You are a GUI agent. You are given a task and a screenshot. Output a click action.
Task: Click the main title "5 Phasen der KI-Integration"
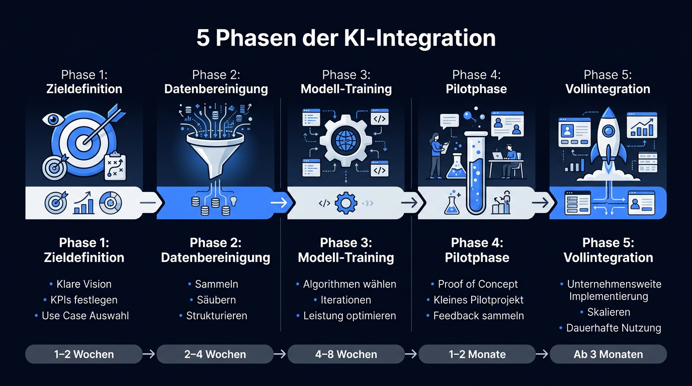point(346,38)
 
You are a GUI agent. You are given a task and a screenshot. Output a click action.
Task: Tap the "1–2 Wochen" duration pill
point(83,354)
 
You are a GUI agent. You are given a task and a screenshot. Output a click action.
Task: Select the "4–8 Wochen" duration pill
point(346,354)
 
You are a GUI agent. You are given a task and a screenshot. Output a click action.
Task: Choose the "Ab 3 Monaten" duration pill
point(608,354)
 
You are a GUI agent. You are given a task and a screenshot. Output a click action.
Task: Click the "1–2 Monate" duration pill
point(477,354)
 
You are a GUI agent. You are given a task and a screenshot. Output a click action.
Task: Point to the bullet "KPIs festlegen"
point(84,300)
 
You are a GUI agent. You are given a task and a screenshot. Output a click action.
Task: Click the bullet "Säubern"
point(216,300)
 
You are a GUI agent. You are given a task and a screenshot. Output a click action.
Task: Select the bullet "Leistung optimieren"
point(350,316)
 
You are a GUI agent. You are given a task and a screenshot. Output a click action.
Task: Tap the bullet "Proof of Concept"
point(478,284)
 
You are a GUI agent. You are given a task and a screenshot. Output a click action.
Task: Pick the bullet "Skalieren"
point(609,312)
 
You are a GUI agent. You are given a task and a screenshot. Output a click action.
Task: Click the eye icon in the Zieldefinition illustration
point(53,119)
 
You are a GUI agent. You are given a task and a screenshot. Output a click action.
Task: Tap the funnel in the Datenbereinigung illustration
point(215,154)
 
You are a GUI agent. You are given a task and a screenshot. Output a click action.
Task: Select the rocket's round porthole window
point(609,131)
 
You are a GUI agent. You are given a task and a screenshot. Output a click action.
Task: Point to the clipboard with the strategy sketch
point(115,166)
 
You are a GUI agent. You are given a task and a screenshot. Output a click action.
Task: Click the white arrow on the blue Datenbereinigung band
point(279,203)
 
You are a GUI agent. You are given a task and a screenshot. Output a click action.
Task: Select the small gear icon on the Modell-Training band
point(346,203)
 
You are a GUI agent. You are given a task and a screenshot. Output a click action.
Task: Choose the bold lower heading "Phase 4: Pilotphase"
point(477,250)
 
